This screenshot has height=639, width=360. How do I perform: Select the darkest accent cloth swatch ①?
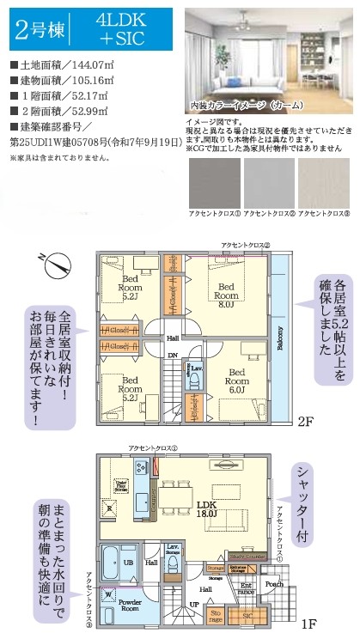[x=211, y=182]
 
